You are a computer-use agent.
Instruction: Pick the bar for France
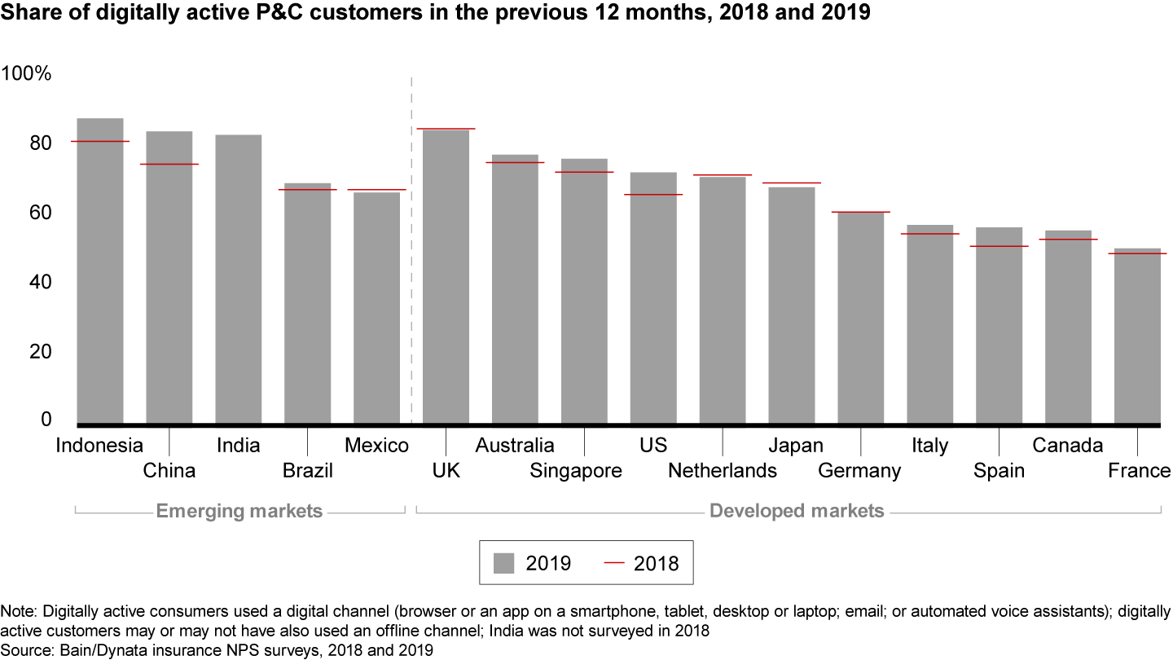[x=1138, y=338]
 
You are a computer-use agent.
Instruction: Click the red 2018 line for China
[x=169, y=165]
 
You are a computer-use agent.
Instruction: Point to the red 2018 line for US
[x=653, y=195]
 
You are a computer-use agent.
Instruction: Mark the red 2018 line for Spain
[x=999, y=246]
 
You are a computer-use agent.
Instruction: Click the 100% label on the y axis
[x=26, y=73]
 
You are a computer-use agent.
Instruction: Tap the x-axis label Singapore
[x=576, y=471]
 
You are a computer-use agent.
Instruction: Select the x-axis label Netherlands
[x=723, y=471]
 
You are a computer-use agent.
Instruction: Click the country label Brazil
[x=308, y=471]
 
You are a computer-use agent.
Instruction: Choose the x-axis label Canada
[x=1068, y=446]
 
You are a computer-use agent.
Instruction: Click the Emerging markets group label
[x=239, y=512]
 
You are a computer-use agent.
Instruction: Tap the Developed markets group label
[x=797, y=512]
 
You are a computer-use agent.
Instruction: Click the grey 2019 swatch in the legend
[x=504, y=563]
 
